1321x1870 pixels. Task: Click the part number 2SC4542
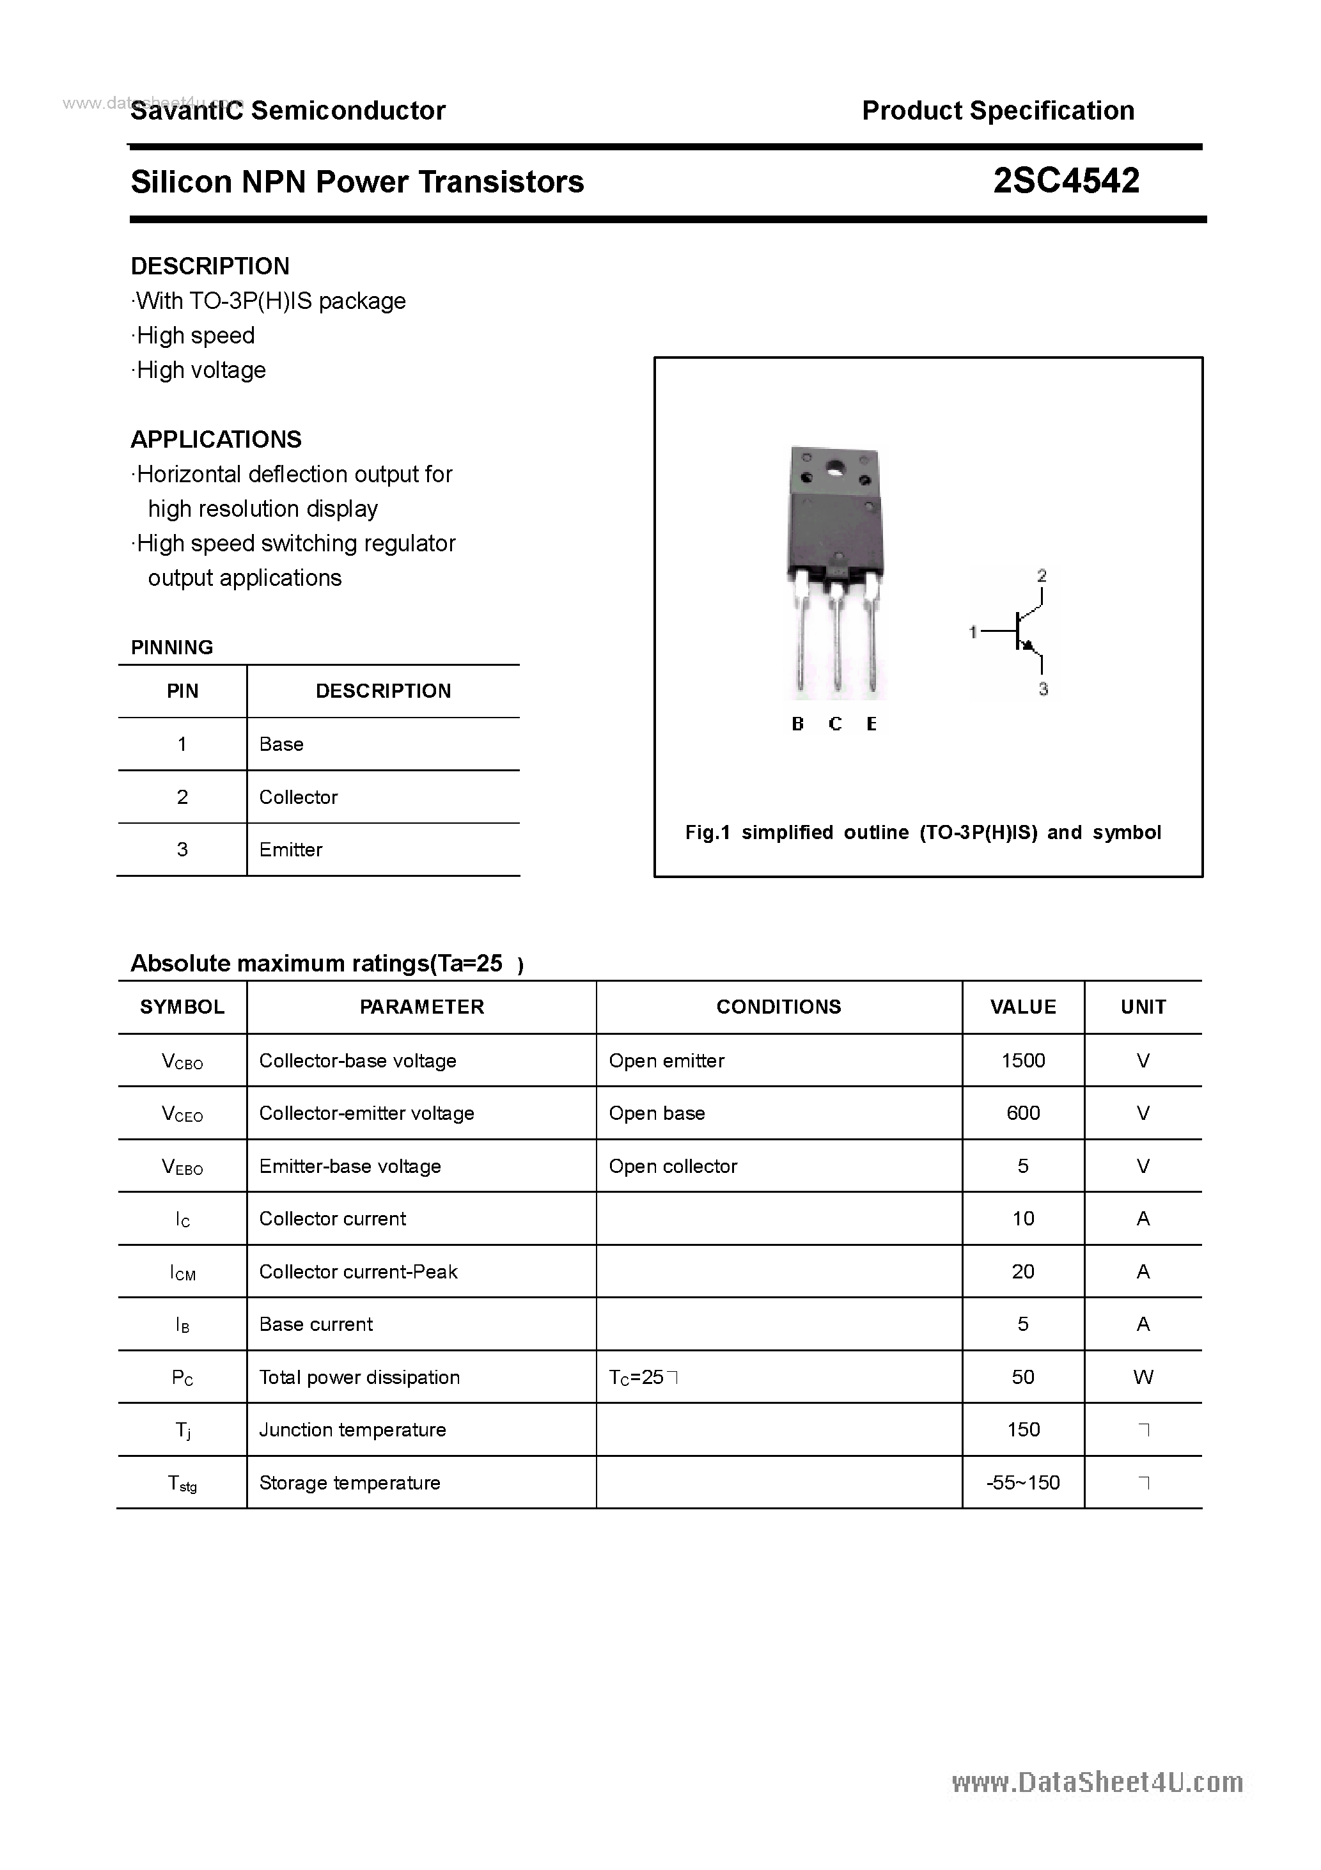pos(1065,181)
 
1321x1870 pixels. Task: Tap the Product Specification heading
pos(997,111)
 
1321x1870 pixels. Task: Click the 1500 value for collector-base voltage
pos(1023,1060)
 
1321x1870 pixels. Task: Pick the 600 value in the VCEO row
pos(1023,1113)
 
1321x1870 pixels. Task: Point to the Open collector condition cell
pos(673,1167)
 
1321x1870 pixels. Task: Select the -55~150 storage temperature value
pos(1023,1483)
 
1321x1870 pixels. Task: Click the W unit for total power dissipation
pos(1143,1378)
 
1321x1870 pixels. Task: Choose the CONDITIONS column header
pos(779,1007)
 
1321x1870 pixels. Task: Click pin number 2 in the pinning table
pos(182,797)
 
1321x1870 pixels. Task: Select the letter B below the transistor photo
pos(797,724)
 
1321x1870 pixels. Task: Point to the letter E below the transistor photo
pos(872,724)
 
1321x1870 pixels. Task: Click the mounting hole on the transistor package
pos(835,469)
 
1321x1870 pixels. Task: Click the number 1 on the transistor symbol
pos(973,631)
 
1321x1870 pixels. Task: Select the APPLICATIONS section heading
pos(216,440)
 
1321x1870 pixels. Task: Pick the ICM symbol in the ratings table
pos(182,1272)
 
